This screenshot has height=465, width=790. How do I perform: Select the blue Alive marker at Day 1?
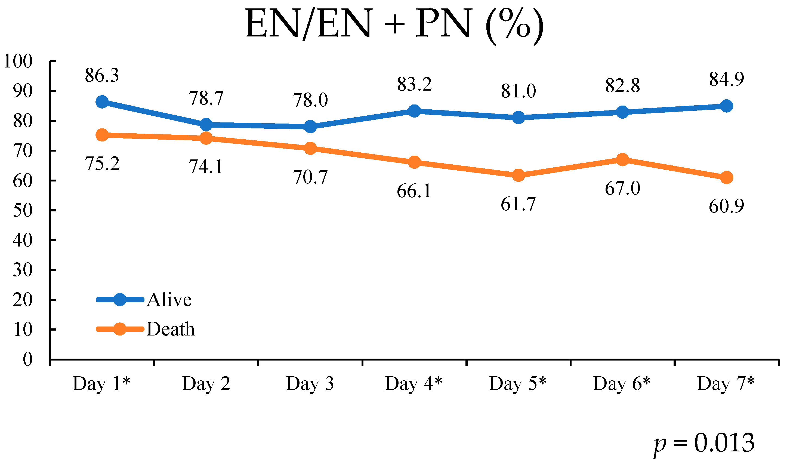pos(102,102)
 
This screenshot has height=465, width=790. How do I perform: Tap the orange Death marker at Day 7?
pos(726,178)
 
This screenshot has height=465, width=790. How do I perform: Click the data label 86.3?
pos(102,76)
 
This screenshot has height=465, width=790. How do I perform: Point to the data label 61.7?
pos(518,204)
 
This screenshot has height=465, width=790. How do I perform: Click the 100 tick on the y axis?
pos(18,61)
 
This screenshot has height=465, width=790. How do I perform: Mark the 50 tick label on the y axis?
pos(23,210)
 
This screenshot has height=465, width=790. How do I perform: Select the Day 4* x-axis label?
pos(413,383)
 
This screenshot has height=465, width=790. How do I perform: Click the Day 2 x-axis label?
pos(206,383)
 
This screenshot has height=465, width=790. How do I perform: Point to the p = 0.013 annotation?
pos(703,443)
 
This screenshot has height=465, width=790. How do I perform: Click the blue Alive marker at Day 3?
pos(310,127)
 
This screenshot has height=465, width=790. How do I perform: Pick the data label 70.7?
pos(310,177)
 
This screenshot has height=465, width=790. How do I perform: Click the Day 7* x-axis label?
pos(726,383)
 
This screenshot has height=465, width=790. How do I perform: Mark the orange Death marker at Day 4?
pos(414,162)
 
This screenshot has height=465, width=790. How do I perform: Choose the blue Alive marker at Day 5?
pos(518,118)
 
